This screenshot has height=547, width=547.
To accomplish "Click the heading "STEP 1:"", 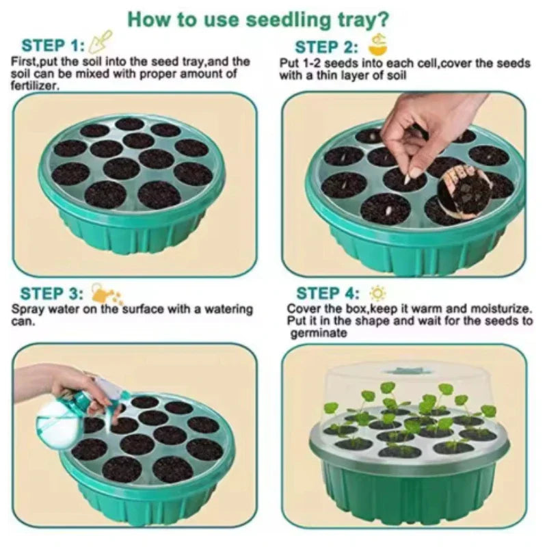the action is [53, 46].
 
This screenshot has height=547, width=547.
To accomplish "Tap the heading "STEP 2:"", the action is [326, 47].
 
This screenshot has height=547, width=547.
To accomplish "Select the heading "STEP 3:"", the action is [52, 294].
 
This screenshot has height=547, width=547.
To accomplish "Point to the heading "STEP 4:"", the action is [328, 293].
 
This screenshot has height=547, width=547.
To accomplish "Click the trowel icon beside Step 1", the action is [101, 41].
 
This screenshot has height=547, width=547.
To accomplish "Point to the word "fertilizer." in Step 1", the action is [34, 85].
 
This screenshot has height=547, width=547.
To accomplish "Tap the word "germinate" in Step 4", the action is [319, 333].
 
